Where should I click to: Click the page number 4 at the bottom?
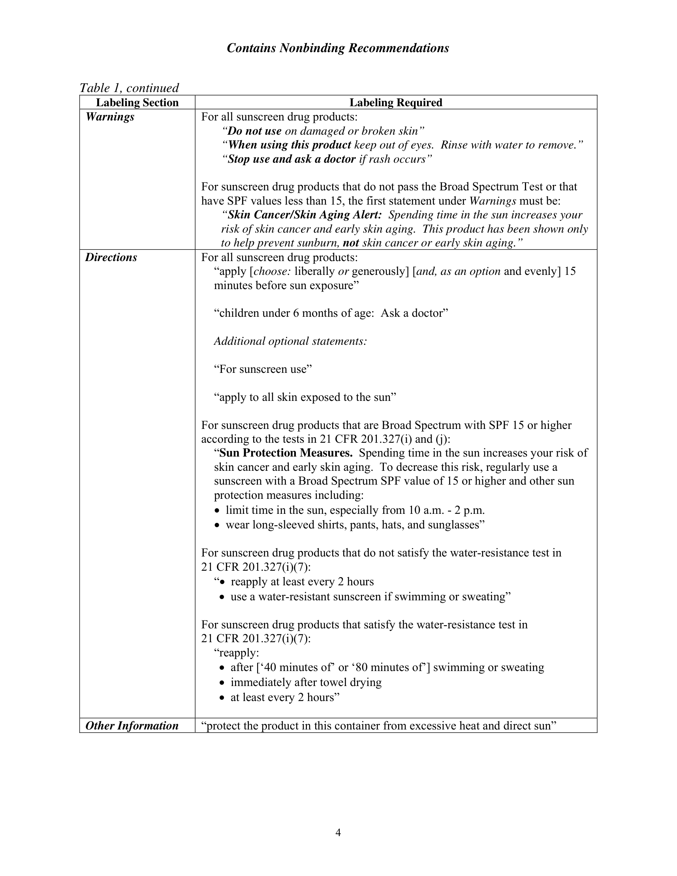(x=338, y=833)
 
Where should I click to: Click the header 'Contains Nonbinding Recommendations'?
(x=338, y=48)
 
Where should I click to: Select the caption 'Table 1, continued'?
(x=129, y=88)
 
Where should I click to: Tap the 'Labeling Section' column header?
(x=137, y=103)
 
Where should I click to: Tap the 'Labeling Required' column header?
(x=396, y=103)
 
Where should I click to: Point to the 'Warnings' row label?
(x=110, y=117)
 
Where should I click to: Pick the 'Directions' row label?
(x=111, y=258)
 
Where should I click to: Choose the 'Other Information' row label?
(x=132, y=726)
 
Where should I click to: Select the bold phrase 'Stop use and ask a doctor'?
(x=291, y=159)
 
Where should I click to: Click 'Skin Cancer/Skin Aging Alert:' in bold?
(x=305, y=215)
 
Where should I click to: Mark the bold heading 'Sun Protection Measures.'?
(x=286, y=453)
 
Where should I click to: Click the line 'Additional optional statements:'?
(x=290, y=341)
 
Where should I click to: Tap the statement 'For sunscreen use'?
(x=263, y=369)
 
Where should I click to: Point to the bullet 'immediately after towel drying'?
(x=306, y=682)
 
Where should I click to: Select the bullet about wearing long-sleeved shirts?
(x=355, y=524)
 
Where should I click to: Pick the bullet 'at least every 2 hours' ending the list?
(x=285, y=697)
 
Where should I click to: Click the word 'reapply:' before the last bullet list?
(x=237, y=652)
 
